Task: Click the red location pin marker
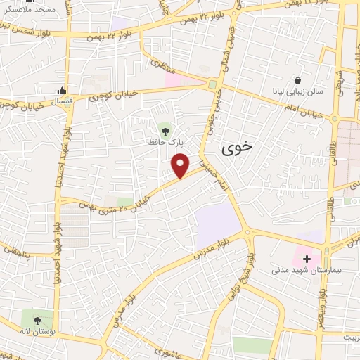tap(181, 166)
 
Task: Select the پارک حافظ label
tap(166, 141)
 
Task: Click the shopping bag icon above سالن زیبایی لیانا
tap(298, 80)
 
